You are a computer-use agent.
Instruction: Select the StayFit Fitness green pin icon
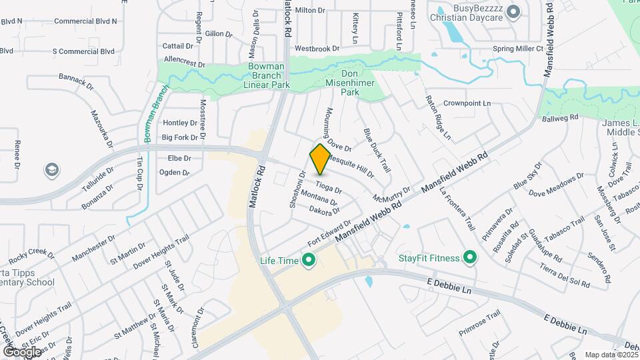pos(470,257)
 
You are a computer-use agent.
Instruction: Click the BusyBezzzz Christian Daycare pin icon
pos(513,12)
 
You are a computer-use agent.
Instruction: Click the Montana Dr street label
pos(319,197)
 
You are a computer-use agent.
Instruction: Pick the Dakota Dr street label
pos(325,210)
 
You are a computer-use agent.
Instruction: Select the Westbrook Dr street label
pos(317,49)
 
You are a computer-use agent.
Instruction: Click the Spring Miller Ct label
pos(519,49)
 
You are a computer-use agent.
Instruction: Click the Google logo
pos(22,351)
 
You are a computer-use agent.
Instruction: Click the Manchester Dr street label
pos(93,246)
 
